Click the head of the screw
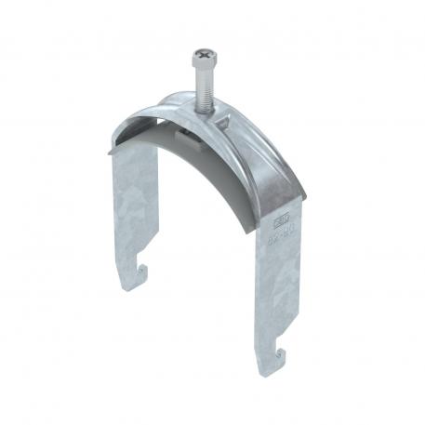(206, 59)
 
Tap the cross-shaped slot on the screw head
(206, 55)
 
